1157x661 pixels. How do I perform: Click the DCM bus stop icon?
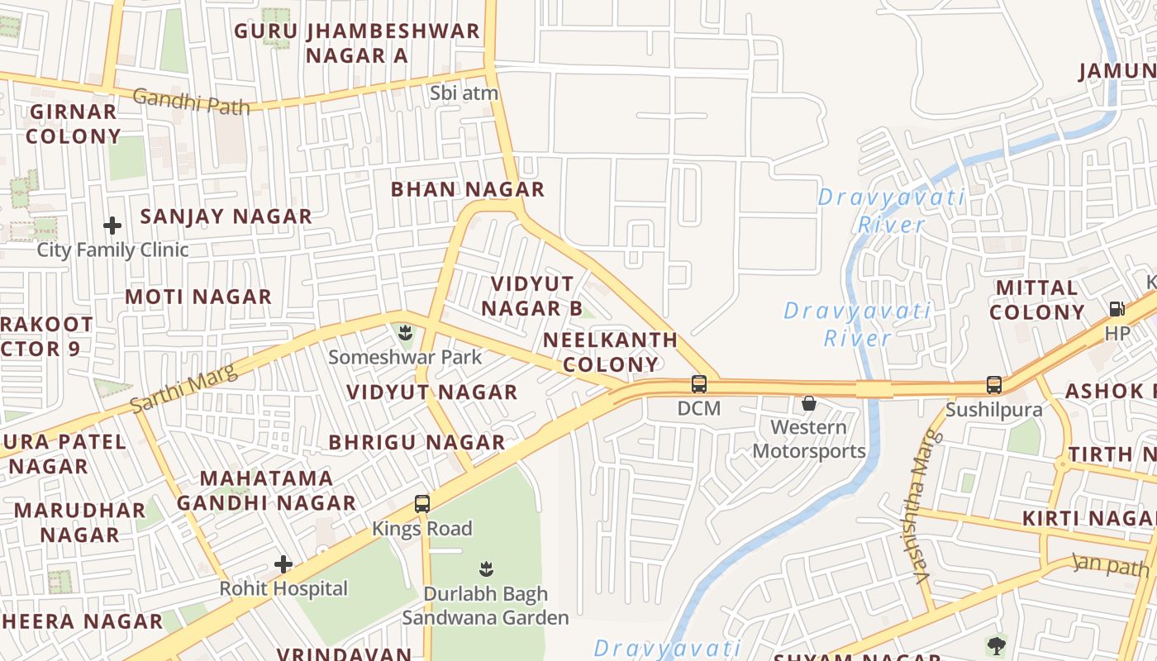pos(699,384)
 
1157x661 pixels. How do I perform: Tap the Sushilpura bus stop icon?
pos(993,385)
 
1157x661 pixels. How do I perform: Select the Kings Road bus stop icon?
pos(422,503)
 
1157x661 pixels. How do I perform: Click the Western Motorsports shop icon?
pos(809,403)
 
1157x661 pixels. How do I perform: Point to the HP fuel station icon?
pos(1117,309)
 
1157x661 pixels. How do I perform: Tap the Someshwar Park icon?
pos(405,334)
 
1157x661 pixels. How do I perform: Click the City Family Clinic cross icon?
pos(112,225)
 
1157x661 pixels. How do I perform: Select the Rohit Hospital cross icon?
pos(283,565)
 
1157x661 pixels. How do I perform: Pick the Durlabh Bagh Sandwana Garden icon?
pos(486,568)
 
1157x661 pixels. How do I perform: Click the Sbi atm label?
pos(464,93)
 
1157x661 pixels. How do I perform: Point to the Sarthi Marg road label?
pos(183,389)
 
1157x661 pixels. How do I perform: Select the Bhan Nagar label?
pos(468,189)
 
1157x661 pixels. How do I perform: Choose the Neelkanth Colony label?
pos(611,352)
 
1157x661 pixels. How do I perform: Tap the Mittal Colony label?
pos(1037,300)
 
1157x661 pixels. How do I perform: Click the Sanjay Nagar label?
pos(226,216)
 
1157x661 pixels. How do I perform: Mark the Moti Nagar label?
pos(198,297)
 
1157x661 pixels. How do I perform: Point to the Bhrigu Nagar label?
pos(417,442)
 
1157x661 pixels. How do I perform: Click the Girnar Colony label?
pos(74,124)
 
